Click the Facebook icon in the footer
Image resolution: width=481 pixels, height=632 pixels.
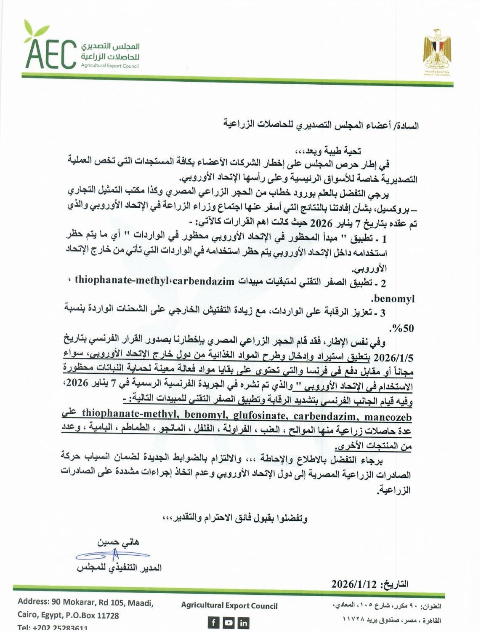point(214,622)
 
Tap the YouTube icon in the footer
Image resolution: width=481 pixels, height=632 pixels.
point(229,622)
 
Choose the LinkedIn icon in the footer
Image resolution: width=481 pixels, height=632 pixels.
point(243,622)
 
